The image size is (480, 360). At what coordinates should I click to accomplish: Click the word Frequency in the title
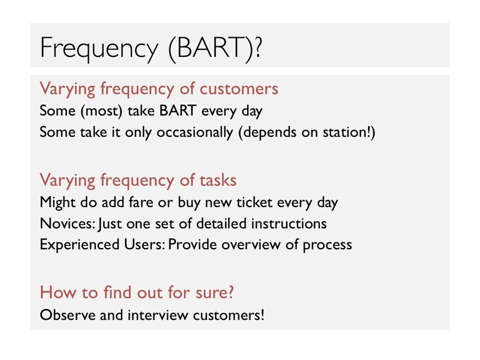click(x=99, y=49)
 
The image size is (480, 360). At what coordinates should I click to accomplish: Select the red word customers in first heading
click(x=239, y=89)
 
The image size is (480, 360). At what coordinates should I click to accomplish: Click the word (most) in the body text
click(x=101, y=111)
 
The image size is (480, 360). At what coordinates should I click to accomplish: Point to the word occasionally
click(x=195, y=133)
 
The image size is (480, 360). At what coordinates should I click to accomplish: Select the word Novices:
click(x=68, y=224)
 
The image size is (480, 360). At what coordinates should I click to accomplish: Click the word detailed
click(x=221, y=223)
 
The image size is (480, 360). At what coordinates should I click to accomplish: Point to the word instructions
click(x=289, y=224)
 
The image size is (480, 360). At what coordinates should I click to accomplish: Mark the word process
click(x=327, y=245)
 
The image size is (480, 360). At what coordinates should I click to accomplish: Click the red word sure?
click(x=215, y=292)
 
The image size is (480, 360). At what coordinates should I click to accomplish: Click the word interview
click(x=158, y=315)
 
